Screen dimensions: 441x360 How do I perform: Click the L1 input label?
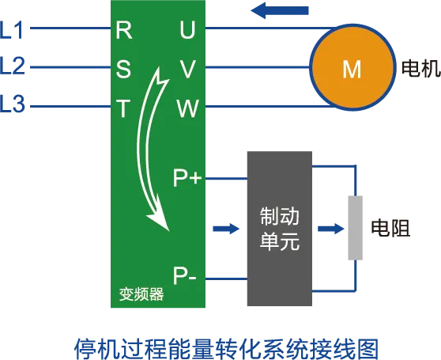(x=11, y=30)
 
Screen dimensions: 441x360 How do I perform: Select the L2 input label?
(x=13, y=66)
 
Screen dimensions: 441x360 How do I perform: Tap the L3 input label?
(x=13, y=104)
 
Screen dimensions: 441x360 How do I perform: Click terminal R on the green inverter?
(x=124, y=30)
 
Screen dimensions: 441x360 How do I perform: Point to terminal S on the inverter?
(x=123, y=69)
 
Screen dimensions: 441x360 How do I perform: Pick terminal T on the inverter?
(x=123, y=108)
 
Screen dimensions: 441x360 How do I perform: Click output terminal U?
(x=187, y=30)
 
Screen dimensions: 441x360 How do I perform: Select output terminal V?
(x=187, y=69)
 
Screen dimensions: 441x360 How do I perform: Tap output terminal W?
(x=187, y=108)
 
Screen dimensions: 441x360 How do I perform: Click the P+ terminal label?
(x=187, y=178)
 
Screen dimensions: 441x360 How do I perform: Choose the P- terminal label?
(x=184, y=275)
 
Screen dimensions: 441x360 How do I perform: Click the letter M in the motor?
(x=352, y=70)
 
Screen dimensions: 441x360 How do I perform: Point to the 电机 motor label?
(x=421, y=68)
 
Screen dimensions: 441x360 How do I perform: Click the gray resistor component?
(x=355, y=228)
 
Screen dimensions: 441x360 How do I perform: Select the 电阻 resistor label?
(x=390, y=227)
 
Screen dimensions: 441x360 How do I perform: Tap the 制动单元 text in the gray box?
(x=279, y=229)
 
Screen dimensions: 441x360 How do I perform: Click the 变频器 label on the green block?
(x=141, y=294)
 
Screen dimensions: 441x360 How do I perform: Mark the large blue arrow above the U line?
(x=280, y=10)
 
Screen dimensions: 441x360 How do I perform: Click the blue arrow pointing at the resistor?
(x=331, y=229)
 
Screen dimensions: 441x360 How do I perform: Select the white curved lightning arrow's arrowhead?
(x=159, y=221)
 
